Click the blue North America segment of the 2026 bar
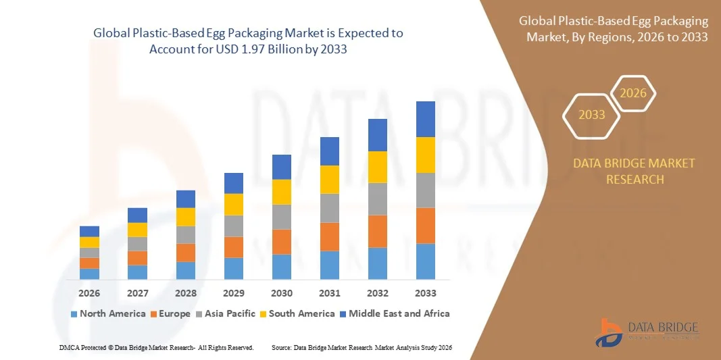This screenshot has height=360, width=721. pyautogui.click(x=89, y=274)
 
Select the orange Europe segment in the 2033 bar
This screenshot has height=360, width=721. pyautogui.click(x=425, y=226)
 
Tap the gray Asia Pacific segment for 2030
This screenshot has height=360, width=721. pyautogui.click(x=282, y=217)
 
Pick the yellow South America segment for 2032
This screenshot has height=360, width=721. pyautogui.click(x=377, y=167)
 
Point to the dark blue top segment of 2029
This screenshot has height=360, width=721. pyautogui.click(x=233, y=183)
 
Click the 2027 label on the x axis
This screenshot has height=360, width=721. pyautogui.click(x=137, y=293)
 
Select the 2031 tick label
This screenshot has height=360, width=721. pyautogui.click(x=330, y=293)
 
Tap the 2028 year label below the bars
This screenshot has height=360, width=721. pyautogui.click(x=185, y=293)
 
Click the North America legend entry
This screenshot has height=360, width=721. pyautogui.click(x=107, y=313)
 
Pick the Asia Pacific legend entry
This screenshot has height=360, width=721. pyautogui.click(x=226, y=313)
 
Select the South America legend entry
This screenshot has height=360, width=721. pyautogui.click(x=297, y=313)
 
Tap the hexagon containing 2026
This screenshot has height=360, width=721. pyautogui.click(x=633, y=94)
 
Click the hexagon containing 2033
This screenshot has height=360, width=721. pyautogui.click(x=592, y=115)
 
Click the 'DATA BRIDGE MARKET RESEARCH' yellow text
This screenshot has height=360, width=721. pyautogui.click(x=634, y=172)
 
